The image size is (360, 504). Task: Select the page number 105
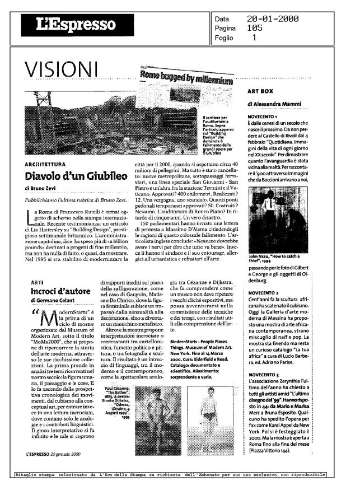coord(255,27)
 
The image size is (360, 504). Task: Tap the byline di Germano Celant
coord(54,301)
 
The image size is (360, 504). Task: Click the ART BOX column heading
coord(260,91)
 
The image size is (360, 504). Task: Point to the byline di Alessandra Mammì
coord(273,104)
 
